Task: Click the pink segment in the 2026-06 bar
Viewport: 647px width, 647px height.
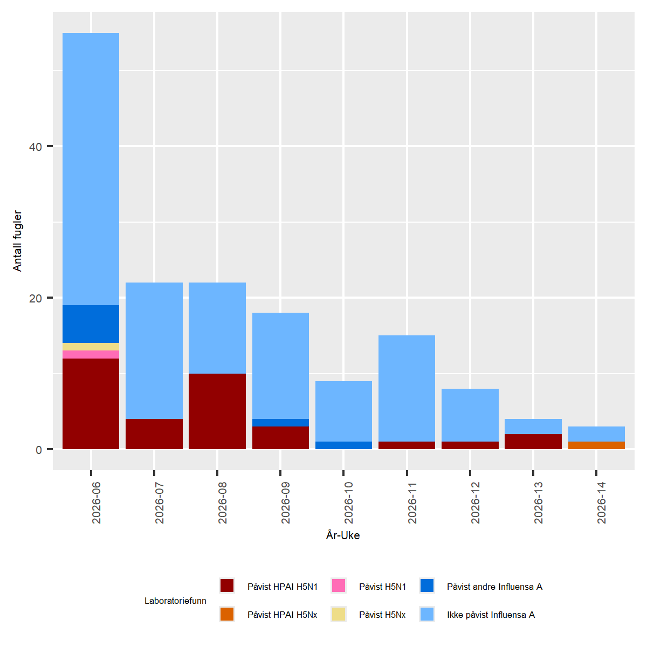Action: (x=91, y=354)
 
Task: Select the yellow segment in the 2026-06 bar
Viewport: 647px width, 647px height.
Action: (x=91, y=347)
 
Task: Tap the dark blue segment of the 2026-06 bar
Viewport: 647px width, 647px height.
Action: (x=91, y=324)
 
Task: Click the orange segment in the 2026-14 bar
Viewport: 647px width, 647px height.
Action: (x=596, y=445)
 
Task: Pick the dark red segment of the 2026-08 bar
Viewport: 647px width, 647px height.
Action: (x=217, y=411)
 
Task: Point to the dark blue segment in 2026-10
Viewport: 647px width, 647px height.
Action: (x=343, y=445)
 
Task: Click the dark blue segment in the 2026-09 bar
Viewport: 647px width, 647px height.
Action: (x=280, y=423)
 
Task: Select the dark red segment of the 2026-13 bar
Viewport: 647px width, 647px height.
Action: (x=533, y=442)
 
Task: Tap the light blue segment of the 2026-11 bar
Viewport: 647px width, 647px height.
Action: (x=407, y=388)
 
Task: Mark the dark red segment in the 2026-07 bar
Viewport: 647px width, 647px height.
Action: (x=154, y=434)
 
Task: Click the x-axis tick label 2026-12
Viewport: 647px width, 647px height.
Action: (x=475, y=503)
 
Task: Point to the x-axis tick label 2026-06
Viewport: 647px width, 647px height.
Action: (x=96, y=503)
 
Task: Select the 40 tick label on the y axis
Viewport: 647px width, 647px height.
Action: (x=35, y=147)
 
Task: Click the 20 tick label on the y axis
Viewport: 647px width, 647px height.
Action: (x=35, y=298)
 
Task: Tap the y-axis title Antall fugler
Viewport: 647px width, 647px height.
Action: (x=17, y=241)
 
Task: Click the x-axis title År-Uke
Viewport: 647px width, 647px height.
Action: (x=343, y=535)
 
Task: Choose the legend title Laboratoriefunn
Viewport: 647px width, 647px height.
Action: (x=175, y=601)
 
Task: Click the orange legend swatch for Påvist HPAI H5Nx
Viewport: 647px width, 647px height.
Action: (x=227, y=614)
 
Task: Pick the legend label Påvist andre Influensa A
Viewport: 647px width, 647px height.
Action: (x=494, y=587)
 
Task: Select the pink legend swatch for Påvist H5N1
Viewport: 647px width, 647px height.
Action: (x=339, y=586)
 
